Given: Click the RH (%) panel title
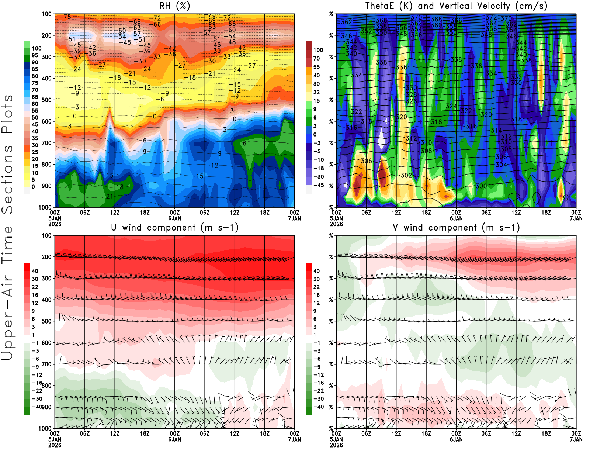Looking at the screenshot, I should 174,6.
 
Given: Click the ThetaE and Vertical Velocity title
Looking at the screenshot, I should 456,6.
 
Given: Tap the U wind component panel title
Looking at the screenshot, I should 174,227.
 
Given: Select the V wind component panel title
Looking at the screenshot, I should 456,227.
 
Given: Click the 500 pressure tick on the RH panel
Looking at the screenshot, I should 47,100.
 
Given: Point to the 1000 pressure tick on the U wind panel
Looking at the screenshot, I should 45,429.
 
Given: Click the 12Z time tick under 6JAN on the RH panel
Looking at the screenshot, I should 235,213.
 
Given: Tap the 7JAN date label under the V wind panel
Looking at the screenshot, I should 576,439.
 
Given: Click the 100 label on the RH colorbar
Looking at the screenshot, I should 37,48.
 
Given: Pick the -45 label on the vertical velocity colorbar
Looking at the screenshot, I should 319,185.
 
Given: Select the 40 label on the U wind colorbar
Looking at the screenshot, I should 35,271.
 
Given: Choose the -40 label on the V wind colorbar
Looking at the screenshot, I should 319,407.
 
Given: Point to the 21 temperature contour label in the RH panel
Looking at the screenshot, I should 110,196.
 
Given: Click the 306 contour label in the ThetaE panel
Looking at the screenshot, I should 366,161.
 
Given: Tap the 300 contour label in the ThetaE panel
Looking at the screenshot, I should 481,186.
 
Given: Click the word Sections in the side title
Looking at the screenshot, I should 7,179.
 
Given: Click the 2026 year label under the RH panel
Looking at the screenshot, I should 55,224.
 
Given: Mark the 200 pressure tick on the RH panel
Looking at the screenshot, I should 47,35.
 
